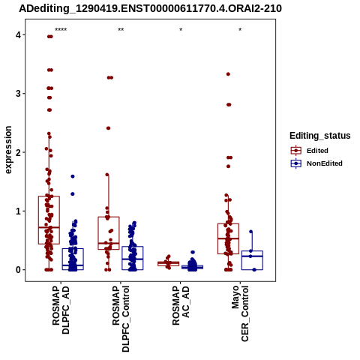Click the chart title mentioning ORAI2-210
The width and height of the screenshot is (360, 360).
click(x=150, y=8)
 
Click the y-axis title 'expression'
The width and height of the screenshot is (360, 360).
click(x=8, y=150)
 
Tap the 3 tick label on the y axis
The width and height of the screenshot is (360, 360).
click(x=18, y=94)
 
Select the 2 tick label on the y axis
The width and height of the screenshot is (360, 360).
click(x=18, y=152)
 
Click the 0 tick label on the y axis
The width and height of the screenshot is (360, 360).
click(x=18, y=270)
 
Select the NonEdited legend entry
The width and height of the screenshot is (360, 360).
click(x=316, y=163)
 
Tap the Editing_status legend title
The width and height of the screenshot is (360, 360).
click(x=320, y=136)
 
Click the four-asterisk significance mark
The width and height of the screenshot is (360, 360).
click(x=61, y=30)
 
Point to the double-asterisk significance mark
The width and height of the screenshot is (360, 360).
click(x=121, y=30)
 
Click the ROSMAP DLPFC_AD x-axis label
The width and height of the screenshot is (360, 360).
click(x=61, y=310)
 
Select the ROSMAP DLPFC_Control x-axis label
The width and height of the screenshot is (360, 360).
click(x=121, y=319)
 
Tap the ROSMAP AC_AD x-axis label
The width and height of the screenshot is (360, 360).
click(x=181, y=305)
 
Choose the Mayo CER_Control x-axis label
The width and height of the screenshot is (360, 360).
click(x=241, y=313)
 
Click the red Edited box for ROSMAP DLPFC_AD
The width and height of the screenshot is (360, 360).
click(x=38, y=220)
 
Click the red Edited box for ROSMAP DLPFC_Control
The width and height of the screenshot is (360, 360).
click(x=98, y=233)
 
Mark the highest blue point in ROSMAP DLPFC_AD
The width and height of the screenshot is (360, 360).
click(x=73, y=176)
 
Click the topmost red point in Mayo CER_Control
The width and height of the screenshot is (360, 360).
click(x=228, y=74)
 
